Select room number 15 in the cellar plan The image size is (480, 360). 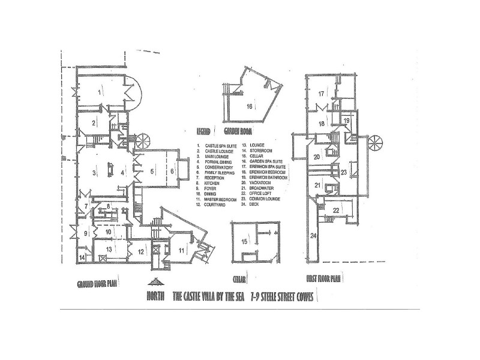[x=245, y=242]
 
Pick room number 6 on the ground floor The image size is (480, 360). [x=172, y=172]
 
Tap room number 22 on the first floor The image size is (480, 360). [x=337, y=210]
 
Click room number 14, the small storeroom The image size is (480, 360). [x=82, y=257]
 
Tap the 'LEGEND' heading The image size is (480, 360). [x=205, y=130]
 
